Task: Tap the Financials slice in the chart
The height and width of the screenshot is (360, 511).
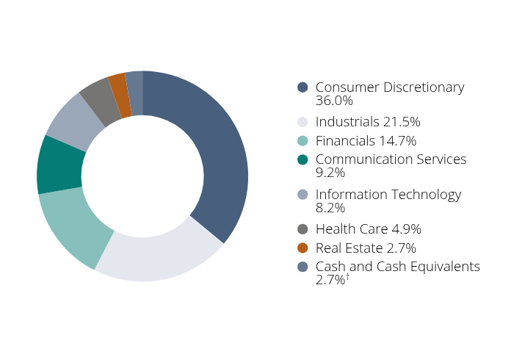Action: (x=73, y=224)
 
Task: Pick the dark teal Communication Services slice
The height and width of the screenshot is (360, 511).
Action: (x=59, y=165)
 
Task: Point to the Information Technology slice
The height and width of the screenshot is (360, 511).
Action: (x=73, y=121)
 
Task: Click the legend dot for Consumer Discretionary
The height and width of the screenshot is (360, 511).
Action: (x=302, y=87)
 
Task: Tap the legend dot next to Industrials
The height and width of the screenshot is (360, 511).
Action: (x=302, y=122)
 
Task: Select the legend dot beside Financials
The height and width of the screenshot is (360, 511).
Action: (x=302, y=141)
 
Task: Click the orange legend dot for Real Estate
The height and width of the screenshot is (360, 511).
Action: (x=302, y=248)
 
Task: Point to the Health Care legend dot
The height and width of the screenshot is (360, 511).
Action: (x=302, y=229)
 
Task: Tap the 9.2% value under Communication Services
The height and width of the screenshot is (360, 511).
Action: (x=330, y=173)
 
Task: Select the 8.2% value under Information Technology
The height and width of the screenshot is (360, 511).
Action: (x=330, y=208)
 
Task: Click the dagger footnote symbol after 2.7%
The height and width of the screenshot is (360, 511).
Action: (x=347, y=276)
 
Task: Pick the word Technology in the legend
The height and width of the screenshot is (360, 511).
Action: (x=427, y=195)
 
